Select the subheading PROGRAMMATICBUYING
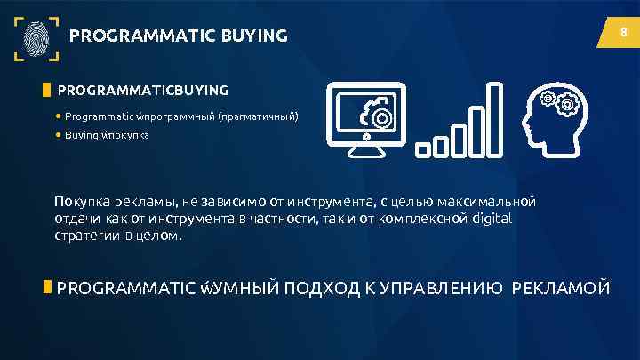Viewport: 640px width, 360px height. tap(142, 90)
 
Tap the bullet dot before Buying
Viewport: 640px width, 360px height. tap(58, 136)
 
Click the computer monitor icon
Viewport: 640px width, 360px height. tap(366, 122)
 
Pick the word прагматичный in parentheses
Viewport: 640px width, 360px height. tap(259, 116)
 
